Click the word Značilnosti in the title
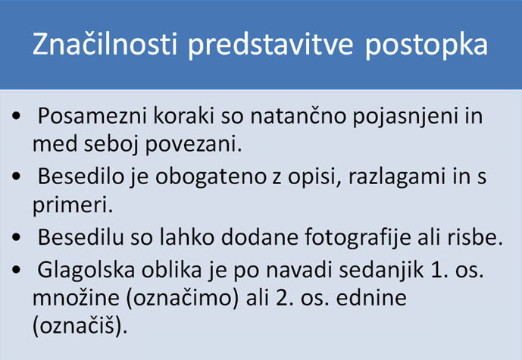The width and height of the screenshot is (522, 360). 105,44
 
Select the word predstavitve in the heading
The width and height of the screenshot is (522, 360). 270,45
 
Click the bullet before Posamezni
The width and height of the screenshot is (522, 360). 16,116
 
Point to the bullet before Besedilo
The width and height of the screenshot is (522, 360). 16,176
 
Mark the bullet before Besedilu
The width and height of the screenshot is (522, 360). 16,237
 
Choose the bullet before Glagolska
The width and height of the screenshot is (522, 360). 16,269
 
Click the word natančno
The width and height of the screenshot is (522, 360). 299,115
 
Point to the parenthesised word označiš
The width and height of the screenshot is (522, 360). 80,325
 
